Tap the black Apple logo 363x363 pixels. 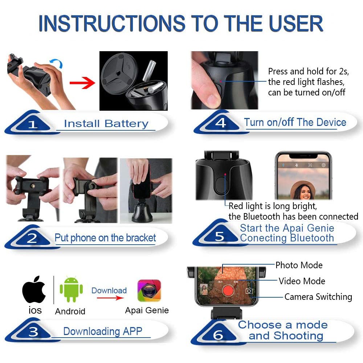[x=34, y=289]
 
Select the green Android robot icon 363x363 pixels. [x=71, y=289]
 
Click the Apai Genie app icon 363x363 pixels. [x=149, y=290]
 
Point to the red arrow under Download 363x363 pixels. [x=110, y=298]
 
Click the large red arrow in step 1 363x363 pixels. [x=82, y=83]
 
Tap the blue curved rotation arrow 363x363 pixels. [x=56, y=62]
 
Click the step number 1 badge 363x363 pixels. [x=33, y=124]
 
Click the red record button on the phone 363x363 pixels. [x=228, y=290]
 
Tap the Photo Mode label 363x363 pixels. [x=299, y=265]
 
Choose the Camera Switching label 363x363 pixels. [x=318, y=297]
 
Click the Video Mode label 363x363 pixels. [x=302, y=281]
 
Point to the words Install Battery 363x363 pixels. [x=106, y=124]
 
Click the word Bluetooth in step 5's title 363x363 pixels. [x=312, y=238]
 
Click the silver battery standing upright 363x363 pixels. [x=149, y=71]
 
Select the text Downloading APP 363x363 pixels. [x=103, y=331]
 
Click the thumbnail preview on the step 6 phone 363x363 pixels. [x=204, y=290]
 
